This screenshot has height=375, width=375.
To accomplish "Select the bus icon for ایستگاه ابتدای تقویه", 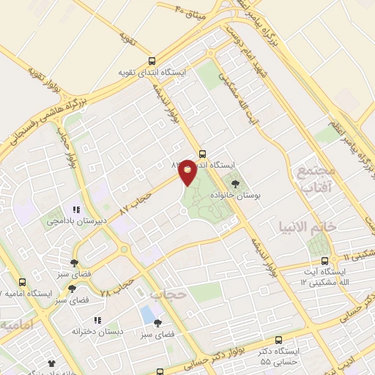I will (x=152, y=62).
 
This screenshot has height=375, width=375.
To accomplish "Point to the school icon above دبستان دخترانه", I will (x=96, y=320).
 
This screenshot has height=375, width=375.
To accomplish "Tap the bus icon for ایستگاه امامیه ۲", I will (x=22, y=281).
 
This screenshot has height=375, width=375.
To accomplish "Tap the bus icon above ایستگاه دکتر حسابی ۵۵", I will (x=278, y=340).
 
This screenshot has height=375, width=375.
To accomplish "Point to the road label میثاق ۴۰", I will (x=193, y=11).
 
